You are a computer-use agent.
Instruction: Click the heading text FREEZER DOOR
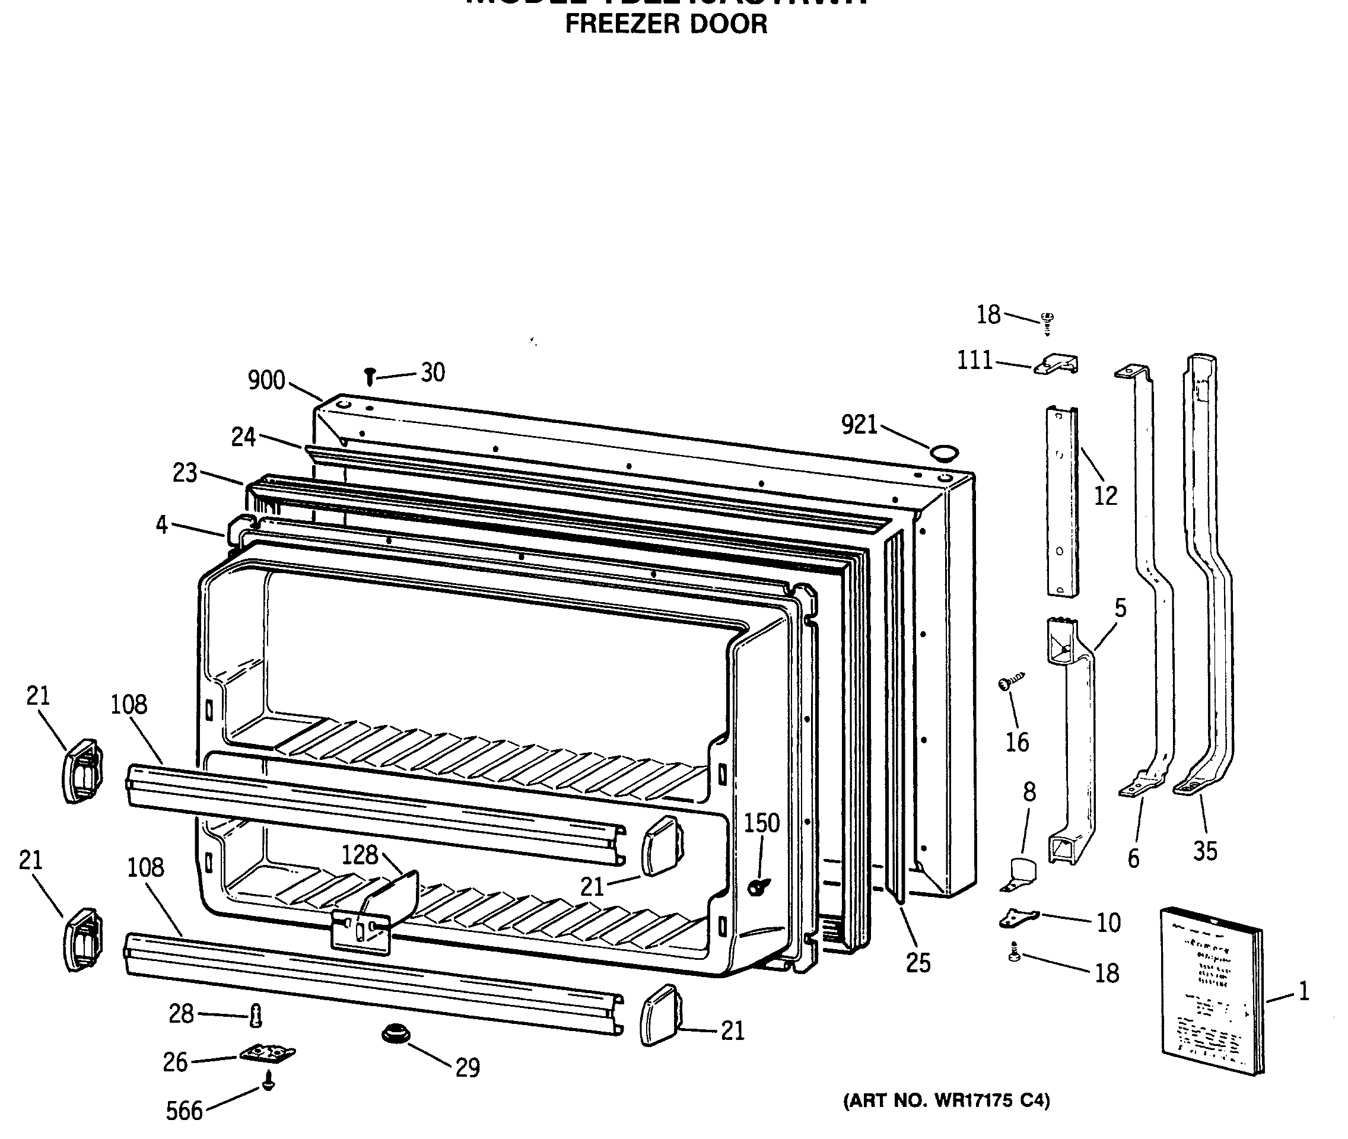[666, 24]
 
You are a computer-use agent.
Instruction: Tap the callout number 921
[859, 425]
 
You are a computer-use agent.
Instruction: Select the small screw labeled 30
[370, 376]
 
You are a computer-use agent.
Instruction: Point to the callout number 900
[266, 380]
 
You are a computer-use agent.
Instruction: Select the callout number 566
[184, 1111]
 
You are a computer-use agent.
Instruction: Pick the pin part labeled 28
[256, 1016]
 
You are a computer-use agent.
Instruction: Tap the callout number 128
[359, 855]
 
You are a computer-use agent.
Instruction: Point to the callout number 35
[1204, 851]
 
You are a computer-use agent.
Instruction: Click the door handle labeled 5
[1072, 743]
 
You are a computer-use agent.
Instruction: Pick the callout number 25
[918, 963]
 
